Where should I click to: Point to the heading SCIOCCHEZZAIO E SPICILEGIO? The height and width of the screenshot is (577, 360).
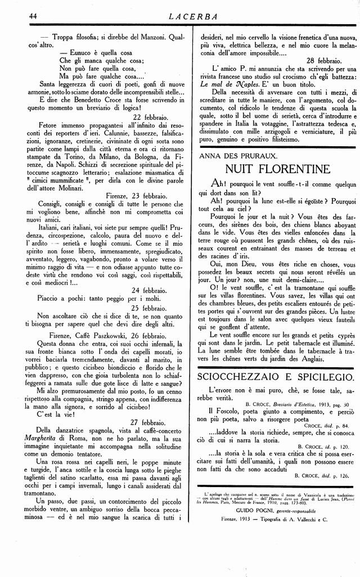[x=276, y=376]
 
